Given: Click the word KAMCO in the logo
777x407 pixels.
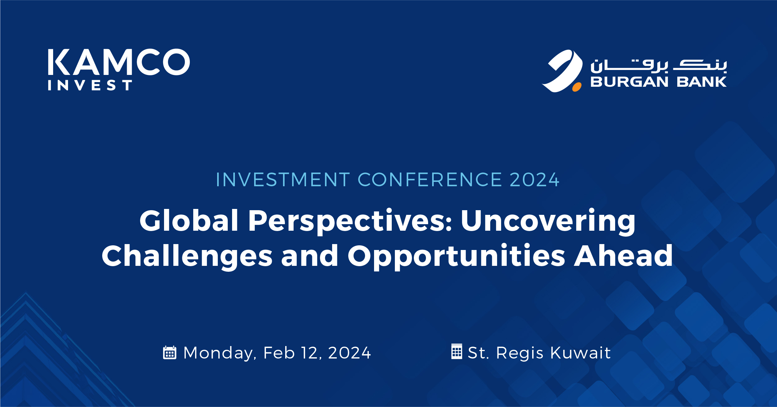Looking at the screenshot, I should (x=119, y=62).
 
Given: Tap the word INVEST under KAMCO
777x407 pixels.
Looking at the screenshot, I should (x=90, y=85).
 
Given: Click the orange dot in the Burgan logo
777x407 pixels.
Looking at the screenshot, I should (x=577, y=87).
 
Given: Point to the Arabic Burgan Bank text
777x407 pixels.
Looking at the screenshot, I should (x=659, y=65).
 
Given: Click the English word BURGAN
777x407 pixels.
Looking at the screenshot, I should (x=629, y=82).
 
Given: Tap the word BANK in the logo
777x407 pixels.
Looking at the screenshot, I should (x=702, y=82).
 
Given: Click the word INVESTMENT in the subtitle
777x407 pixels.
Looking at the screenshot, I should (x=283, y=180).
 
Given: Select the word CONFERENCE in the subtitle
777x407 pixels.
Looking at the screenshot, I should (x=430, y=180).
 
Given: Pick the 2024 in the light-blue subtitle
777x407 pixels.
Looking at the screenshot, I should (x=534, y=180).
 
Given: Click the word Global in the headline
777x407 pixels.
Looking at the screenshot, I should (x=189, y=221).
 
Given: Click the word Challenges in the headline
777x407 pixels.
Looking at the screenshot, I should (x=187, y=257).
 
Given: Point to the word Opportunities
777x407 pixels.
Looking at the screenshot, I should (x=456, y=257).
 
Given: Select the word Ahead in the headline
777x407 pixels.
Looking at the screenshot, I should (x=623, y=256).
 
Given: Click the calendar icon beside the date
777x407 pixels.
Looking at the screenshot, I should (x=170, y=353).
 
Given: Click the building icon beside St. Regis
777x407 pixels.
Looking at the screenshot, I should (x=456, y=351).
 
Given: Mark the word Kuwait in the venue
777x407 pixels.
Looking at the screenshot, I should (x=580, y=353).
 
